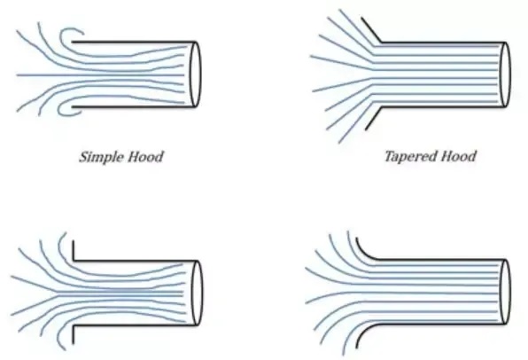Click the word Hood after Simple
click(x=146, y=157)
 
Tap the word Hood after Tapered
click(x=459, y=156)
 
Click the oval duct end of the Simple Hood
click(x=201, y=74)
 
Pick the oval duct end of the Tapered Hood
click(x=510, y=74)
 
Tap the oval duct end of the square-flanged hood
click(x=202, y=293)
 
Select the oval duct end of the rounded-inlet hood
click(x=510, y=292)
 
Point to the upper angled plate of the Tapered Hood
click(x=371, y=30)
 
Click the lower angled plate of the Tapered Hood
click(x=373, y=118)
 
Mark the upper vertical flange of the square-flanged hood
click(x=73, y=250)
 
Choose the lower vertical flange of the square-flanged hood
click(x=73, y=334)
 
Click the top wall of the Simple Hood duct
click(x=134, y=43)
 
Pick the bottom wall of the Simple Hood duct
click(x=134, y=107)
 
